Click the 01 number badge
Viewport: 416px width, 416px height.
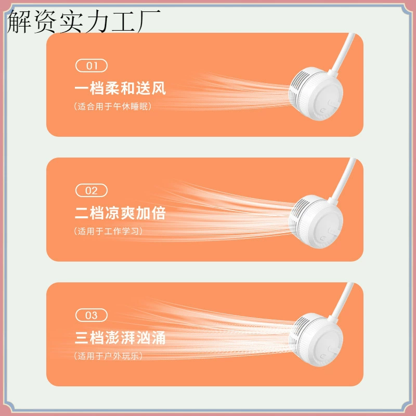tap(92, 66)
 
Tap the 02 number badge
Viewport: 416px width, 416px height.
tap(92, 190)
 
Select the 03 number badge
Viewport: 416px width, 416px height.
tap(92, 315)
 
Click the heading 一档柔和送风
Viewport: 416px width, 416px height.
tap(120, 88)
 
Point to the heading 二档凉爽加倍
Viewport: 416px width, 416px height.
tap(120, 213)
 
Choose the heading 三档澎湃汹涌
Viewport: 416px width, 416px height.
tap(120, 337)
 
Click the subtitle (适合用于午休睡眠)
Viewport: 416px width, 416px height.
tap(113, 107)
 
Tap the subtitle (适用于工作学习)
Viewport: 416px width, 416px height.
tap(108, 231)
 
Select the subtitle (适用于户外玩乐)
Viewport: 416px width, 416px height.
tap(108, 356)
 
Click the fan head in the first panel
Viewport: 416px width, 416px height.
tap(316, 94)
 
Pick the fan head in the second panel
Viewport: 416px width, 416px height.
tap(316, 222)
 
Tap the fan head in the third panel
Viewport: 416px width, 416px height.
tap(316, 340)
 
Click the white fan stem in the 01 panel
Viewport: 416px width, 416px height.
tap(343, 53)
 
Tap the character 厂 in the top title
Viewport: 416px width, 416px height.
tap(148, 21)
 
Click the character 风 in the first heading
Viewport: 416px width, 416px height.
tap(159, 88)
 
